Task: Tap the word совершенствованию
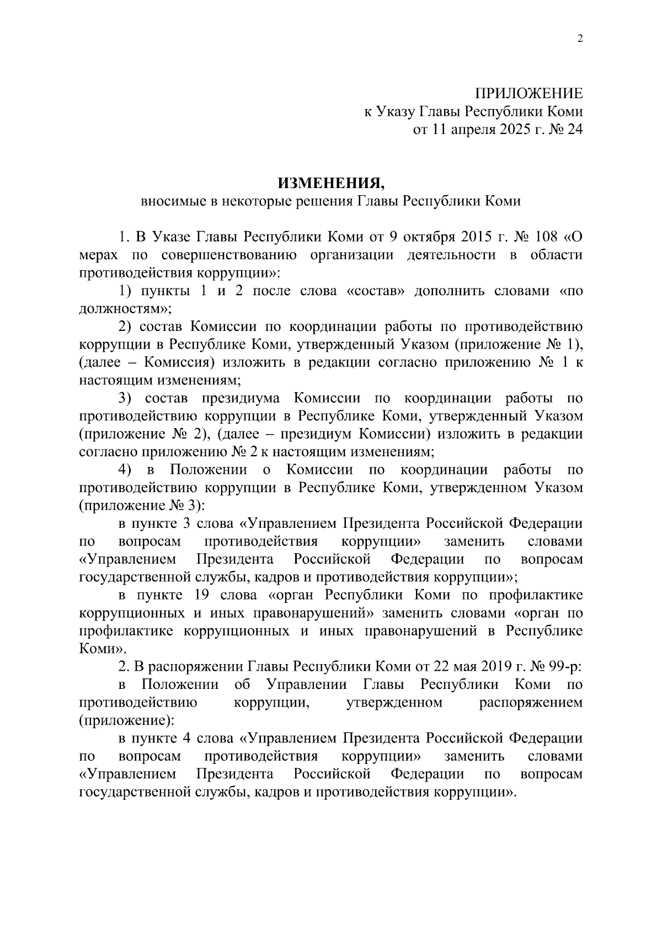pos(229,255)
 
